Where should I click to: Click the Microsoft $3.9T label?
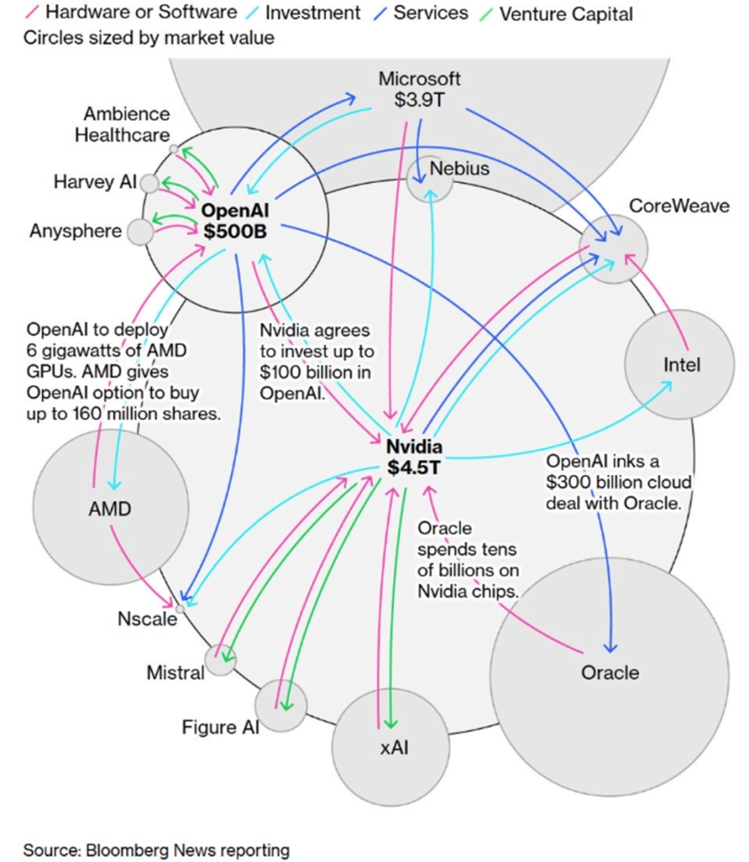coord(419,88)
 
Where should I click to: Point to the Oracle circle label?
coord(610,672)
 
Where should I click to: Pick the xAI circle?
coord(388,745)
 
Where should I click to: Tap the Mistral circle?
coord(221,660)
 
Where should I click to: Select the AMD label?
coord(110,508)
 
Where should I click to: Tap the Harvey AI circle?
coord(149,183)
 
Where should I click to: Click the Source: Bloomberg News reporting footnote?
coord(156,849)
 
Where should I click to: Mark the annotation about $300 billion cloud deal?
coord(618,482)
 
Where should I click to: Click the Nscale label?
coord(147,619)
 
